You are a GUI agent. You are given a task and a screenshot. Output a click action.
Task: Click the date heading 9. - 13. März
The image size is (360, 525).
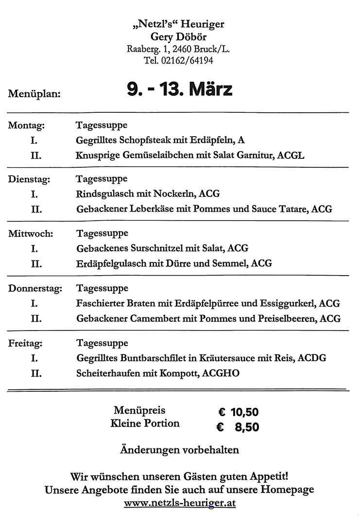click(179, 89)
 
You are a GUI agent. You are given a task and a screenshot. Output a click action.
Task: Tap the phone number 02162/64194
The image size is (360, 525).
click(187, 61)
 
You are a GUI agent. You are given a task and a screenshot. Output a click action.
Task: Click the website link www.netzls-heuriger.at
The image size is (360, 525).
click(180, 503)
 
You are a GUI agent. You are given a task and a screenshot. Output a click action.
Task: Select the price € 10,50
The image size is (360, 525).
click(238, 413)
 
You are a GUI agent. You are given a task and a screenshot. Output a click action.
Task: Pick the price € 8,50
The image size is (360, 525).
click(238, 427)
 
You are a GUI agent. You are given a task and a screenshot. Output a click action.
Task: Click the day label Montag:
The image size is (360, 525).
click(27, 125)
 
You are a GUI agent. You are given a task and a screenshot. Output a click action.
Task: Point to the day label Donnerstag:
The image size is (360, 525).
click(35, 289)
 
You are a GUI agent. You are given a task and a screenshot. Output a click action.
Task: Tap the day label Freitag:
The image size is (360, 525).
click(25, 343)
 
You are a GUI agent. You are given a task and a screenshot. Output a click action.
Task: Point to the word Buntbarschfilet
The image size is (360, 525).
click(151, 358)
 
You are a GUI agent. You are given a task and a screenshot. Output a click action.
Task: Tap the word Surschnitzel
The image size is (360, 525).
click(157, 248)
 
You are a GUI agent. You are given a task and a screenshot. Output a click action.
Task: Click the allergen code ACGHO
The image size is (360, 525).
click(222, 374)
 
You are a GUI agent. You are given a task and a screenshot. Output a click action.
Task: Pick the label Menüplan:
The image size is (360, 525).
click(34, 94)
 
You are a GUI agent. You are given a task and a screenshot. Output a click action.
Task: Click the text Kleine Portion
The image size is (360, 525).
click(145, 423)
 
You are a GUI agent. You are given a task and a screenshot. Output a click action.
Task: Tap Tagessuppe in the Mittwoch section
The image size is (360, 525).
click(102, 233)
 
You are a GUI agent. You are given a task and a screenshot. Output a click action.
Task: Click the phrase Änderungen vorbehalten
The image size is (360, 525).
click(179, 450)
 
